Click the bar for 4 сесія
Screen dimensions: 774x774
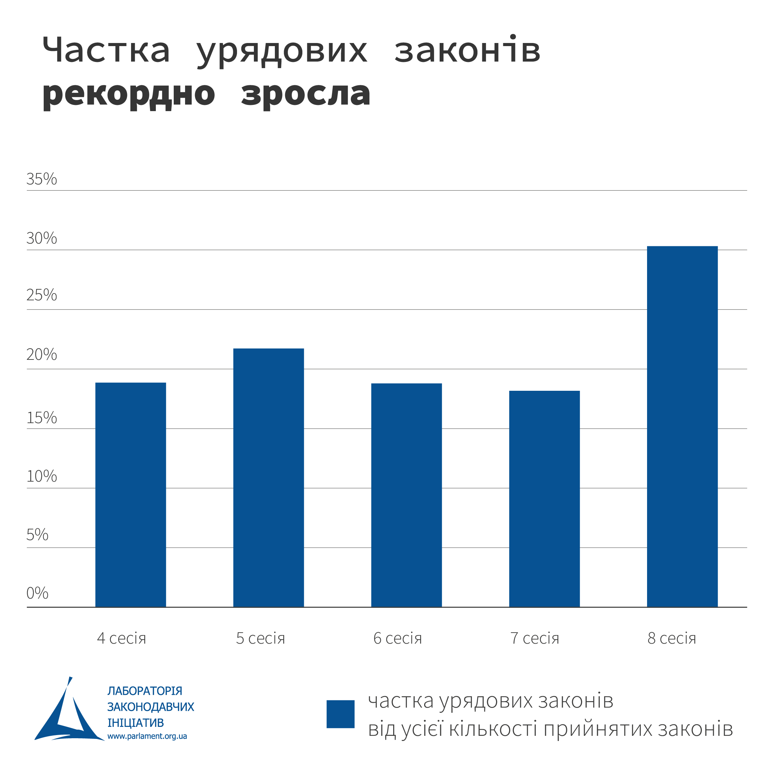[x=131, y=495]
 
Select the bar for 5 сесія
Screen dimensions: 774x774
[x=268, y=477]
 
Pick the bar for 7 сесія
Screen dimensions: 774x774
[x=544, y=499]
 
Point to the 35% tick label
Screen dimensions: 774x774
[x=42, y=179]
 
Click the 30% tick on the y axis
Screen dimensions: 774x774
[x=42, y=238]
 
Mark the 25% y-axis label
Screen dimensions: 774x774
[x=42, y=295]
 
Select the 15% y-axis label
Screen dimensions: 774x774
[x=42, y=418]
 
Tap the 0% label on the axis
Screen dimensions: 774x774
[x=37, y=593]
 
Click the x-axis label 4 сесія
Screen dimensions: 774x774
[x=121, y=638]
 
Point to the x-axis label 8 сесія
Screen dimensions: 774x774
[x=672, y=638]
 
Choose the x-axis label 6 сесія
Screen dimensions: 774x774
[x=397, y=638]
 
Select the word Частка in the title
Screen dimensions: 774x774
[x=106, y=50]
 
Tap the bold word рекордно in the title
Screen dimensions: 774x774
[x=129, y=95]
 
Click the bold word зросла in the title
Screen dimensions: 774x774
[x=306, y=95]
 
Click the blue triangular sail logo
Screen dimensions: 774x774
[x=68, y=713]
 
